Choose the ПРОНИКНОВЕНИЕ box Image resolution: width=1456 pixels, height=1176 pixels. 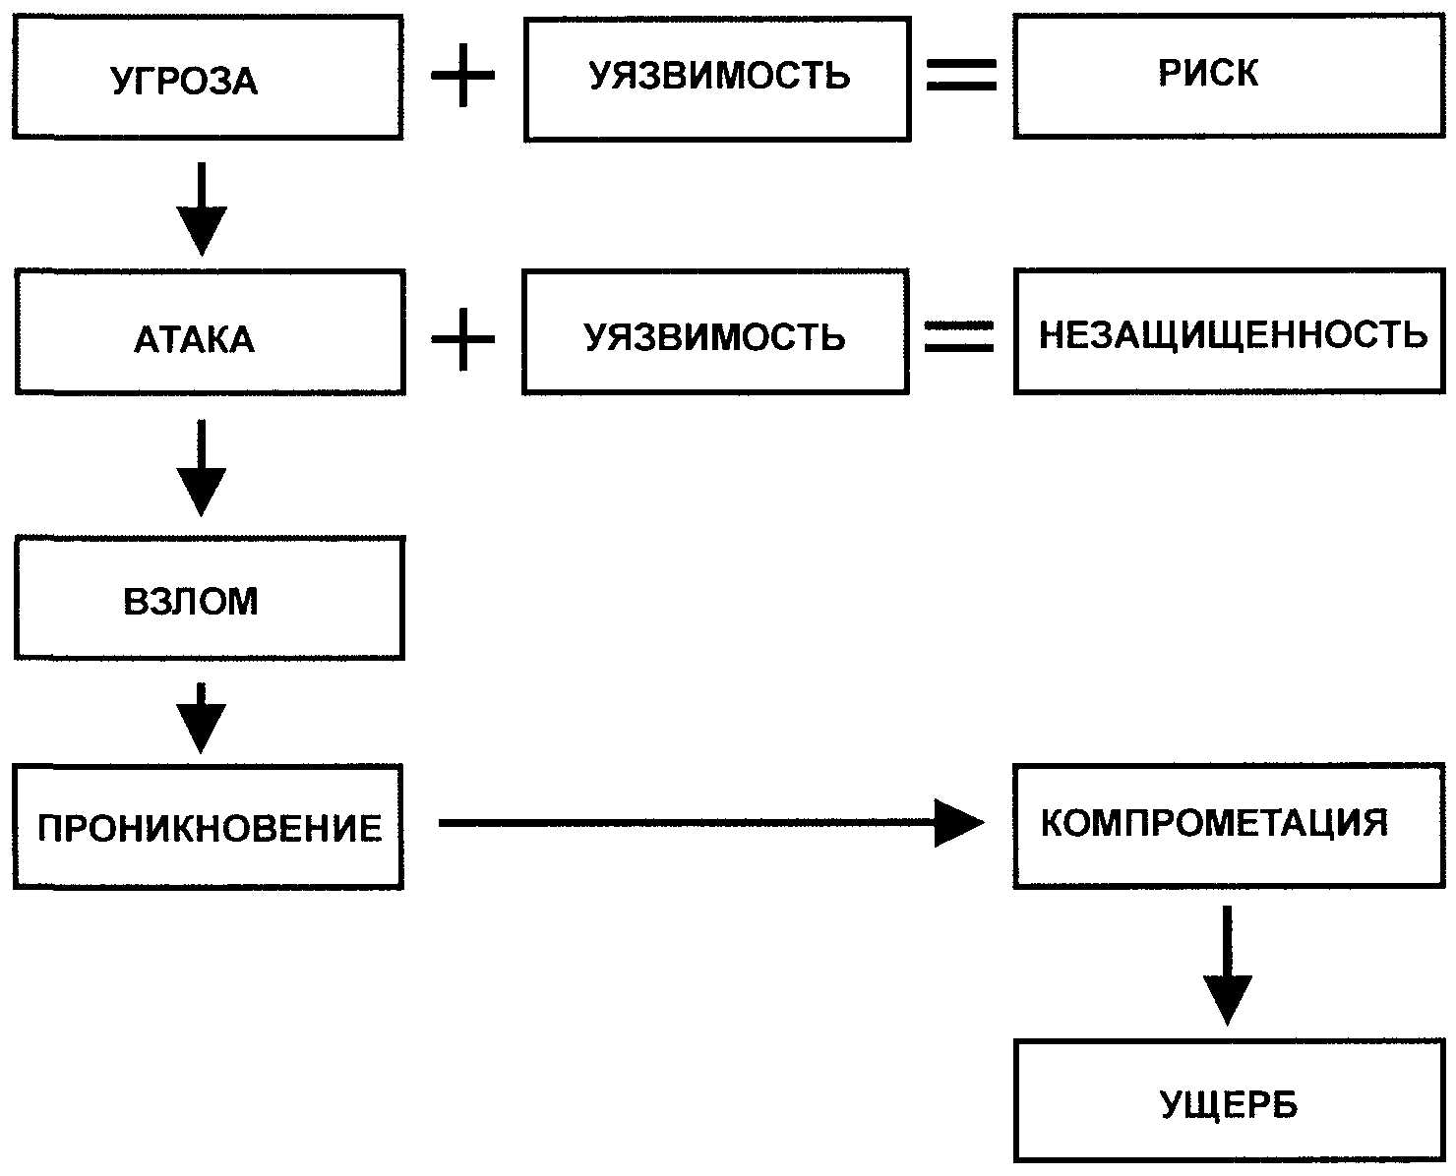[209, 827]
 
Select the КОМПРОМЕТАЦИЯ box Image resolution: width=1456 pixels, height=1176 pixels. [1229, 825]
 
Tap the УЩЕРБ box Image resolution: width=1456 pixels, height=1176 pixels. [1229, 1101]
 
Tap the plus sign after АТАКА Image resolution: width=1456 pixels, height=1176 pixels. [463, 336]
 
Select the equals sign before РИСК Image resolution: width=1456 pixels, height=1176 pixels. [961, 75]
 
